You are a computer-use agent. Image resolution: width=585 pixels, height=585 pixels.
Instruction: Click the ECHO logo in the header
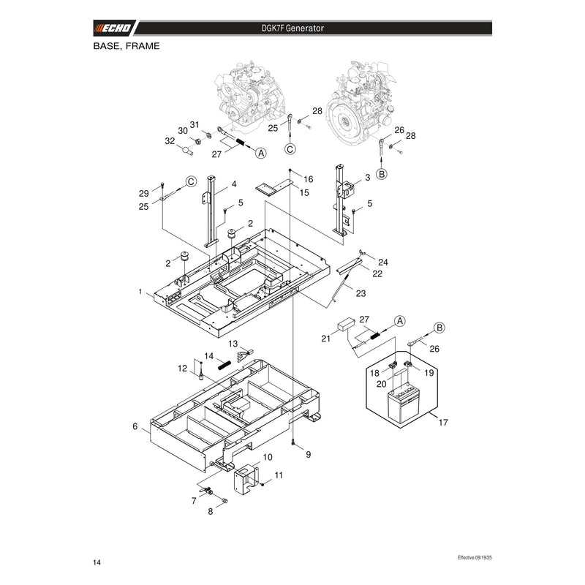click(113, 28)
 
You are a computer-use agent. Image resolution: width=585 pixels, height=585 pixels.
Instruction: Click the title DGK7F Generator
click(292, 29)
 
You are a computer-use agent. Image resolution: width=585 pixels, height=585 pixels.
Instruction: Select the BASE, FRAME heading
click(127, 46)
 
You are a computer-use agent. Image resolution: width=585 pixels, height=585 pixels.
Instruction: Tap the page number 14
click(97, 562)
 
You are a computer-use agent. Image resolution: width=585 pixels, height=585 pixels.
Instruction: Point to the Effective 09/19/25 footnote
click(475, 557)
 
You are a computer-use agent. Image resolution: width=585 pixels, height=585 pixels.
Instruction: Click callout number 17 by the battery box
click(443, 423)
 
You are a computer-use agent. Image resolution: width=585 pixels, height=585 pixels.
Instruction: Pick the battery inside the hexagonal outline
click(402, 404)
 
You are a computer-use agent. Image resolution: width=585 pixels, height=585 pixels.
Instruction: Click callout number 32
click(170, 141)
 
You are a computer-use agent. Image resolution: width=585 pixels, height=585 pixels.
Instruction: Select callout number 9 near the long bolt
click(308, 454)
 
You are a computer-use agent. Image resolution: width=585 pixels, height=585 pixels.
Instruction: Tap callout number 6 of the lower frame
click(135, 426)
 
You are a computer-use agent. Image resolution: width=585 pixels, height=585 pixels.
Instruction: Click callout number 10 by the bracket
click(268, 457)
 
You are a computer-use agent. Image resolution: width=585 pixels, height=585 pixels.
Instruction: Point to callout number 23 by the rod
click(361, 294)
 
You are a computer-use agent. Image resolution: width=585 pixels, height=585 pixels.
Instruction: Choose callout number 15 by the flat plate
click(304, 192)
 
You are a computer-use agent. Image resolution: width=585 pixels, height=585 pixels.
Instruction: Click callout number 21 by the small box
click(325, 339)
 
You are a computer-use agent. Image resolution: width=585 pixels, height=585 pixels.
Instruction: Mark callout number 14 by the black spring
click(209, 356)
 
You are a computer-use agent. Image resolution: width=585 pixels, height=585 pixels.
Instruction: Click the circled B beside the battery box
click(440, 328)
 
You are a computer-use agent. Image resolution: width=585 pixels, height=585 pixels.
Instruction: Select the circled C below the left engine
click(290, 149)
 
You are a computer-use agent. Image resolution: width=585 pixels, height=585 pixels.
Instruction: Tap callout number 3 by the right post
click(368, 178)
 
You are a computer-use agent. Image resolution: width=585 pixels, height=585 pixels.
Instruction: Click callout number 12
click(182, 369)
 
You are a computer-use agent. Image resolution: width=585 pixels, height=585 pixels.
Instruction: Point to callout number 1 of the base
click(140, 291)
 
